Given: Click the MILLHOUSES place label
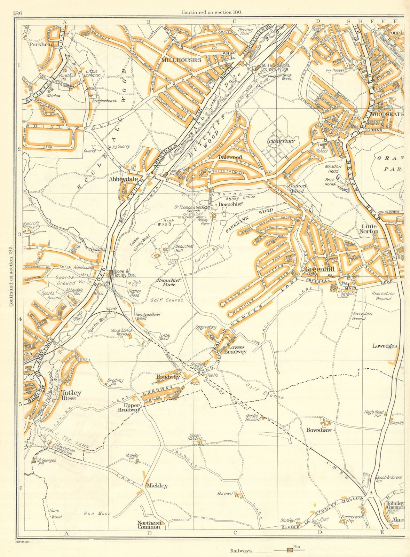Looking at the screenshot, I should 181,60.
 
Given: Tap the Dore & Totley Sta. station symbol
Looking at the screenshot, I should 111,273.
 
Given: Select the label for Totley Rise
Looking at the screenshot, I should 71,395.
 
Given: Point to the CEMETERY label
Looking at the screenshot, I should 282,141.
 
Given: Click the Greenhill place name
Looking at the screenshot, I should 320,269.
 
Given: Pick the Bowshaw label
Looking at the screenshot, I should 318,430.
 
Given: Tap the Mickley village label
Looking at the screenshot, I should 157,486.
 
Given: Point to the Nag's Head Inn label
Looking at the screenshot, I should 374,414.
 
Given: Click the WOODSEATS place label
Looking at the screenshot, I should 387,114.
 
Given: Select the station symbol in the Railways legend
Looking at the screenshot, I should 290,550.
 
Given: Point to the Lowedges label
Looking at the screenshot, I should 385,346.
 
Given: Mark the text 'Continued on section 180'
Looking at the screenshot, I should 211,12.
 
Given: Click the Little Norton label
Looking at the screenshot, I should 369,229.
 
